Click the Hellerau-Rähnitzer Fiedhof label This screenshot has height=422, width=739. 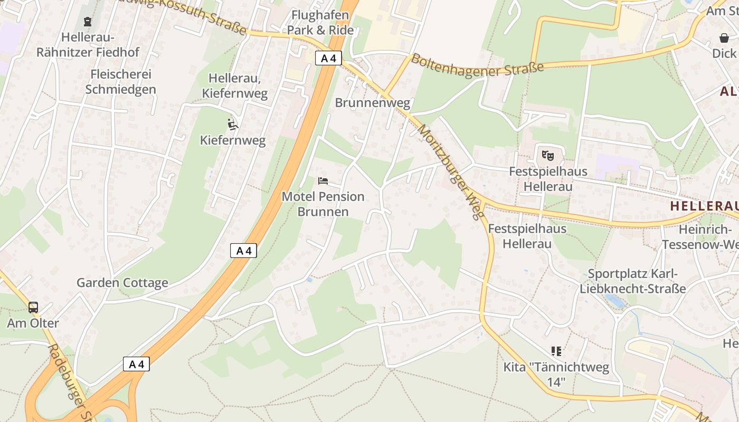88,44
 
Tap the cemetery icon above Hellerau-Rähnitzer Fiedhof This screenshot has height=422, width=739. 88,22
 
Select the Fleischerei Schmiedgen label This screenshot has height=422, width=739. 121,81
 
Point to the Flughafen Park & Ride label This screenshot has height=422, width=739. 320,23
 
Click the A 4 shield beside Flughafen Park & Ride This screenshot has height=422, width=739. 328,58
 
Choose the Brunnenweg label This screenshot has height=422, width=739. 373,103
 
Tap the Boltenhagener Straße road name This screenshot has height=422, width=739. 477,65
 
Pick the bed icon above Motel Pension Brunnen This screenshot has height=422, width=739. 323,181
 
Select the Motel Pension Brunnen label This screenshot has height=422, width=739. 323,204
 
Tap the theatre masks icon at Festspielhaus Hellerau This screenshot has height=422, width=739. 548,156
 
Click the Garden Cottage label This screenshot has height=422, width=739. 122,283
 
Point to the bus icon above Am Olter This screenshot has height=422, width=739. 33,307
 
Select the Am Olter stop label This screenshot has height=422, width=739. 33,323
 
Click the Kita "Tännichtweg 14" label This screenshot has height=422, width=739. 556,374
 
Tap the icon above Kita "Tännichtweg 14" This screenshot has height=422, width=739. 556,351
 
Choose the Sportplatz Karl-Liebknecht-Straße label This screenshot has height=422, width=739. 632,281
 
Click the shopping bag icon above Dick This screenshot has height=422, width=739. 724,38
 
